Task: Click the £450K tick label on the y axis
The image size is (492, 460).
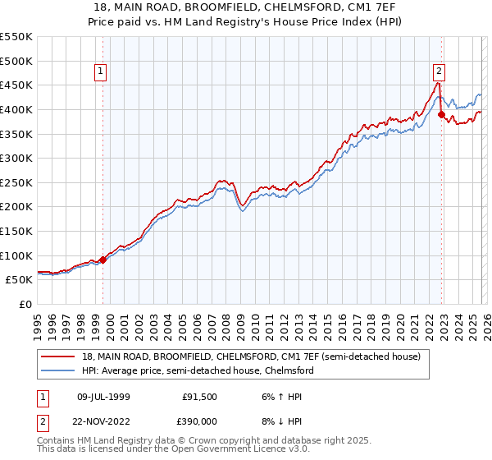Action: point(16,85)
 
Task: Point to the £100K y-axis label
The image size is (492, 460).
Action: point(16,255)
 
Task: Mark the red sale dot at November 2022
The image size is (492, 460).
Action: point(441,115)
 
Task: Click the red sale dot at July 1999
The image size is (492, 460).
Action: point(102,260)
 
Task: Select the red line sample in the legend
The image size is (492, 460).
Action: point(58,357)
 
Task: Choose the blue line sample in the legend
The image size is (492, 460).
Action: point(58,370)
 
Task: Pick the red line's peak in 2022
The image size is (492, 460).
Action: point(437,83)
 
